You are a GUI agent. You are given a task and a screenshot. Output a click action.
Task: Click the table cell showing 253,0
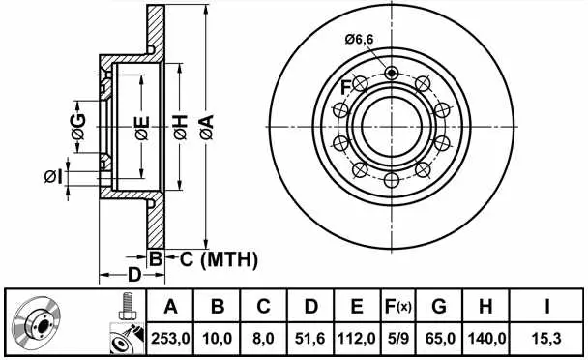pos(170,339)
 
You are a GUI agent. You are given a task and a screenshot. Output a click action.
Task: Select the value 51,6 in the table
pos(309,339)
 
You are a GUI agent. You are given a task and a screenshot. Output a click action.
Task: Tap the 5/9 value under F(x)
pos(398,339)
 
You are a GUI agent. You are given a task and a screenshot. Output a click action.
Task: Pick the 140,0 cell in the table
pos(486,339)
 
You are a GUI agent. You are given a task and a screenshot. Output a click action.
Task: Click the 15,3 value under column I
pos(546,339)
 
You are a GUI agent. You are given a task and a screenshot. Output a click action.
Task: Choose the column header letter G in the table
pos(439,307)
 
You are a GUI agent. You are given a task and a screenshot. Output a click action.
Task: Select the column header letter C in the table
pos(263,307)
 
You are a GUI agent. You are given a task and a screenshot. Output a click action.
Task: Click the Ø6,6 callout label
pos(359,40)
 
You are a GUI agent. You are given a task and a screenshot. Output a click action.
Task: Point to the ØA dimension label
pos(206,128)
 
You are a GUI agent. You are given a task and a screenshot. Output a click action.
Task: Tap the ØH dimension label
pos(181,128)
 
